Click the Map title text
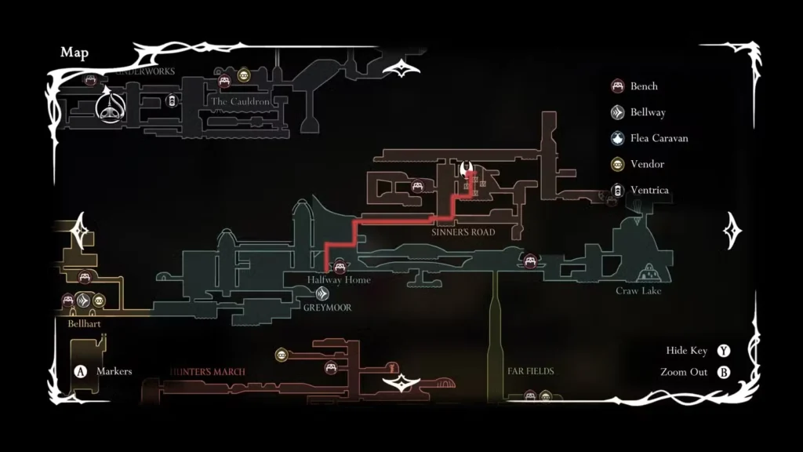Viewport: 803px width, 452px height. click(74, 53)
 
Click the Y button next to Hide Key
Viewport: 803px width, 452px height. click(723, 351)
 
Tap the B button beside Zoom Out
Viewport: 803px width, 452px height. click(723, 372)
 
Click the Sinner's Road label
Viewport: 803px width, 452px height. click(463, 232)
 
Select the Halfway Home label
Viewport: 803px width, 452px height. click(339, 280)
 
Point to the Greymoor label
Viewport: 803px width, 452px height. click(327, 308)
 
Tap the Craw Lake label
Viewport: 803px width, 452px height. click(638, 291)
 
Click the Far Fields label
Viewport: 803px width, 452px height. click(531, 371)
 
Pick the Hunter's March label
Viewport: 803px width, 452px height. click(207, 372)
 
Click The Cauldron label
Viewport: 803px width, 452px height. click(239, 102)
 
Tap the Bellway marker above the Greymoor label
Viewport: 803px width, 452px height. click(322, 293)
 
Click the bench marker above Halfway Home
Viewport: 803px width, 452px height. click(340, 265)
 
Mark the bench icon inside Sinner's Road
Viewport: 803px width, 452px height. click(418, 186)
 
